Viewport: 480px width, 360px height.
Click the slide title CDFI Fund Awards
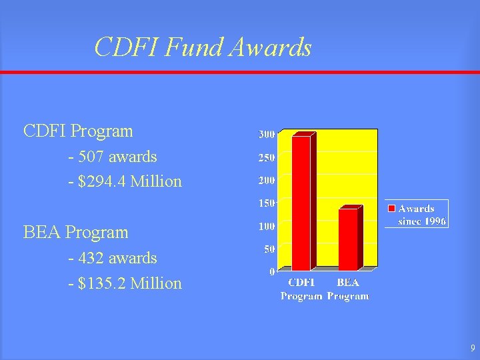(203, 47)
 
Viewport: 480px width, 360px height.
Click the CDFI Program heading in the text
(78, 131)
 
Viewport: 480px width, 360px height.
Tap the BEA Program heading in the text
(75, 233)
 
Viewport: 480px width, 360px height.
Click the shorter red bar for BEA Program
(348, 239)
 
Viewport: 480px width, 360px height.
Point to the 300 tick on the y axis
(266, 135)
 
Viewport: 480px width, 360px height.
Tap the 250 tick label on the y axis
(266, 157)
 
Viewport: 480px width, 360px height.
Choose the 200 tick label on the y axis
(266, 180)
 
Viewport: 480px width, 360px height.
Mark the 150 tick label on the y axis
(266, 203)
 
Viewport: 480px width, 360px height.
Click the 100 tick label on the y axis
(266, 226)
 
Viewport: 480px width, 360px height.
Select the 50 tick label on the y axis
(268, 249)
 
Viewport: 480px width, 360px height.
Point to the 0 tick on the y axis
(271, 271)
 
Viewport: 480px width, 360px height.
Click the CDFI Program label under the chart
(302, 289)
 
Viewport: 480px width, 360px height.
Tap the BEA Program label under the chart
(348, 289)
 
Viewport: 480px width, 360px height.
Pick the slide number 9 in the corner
(471, 348)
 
